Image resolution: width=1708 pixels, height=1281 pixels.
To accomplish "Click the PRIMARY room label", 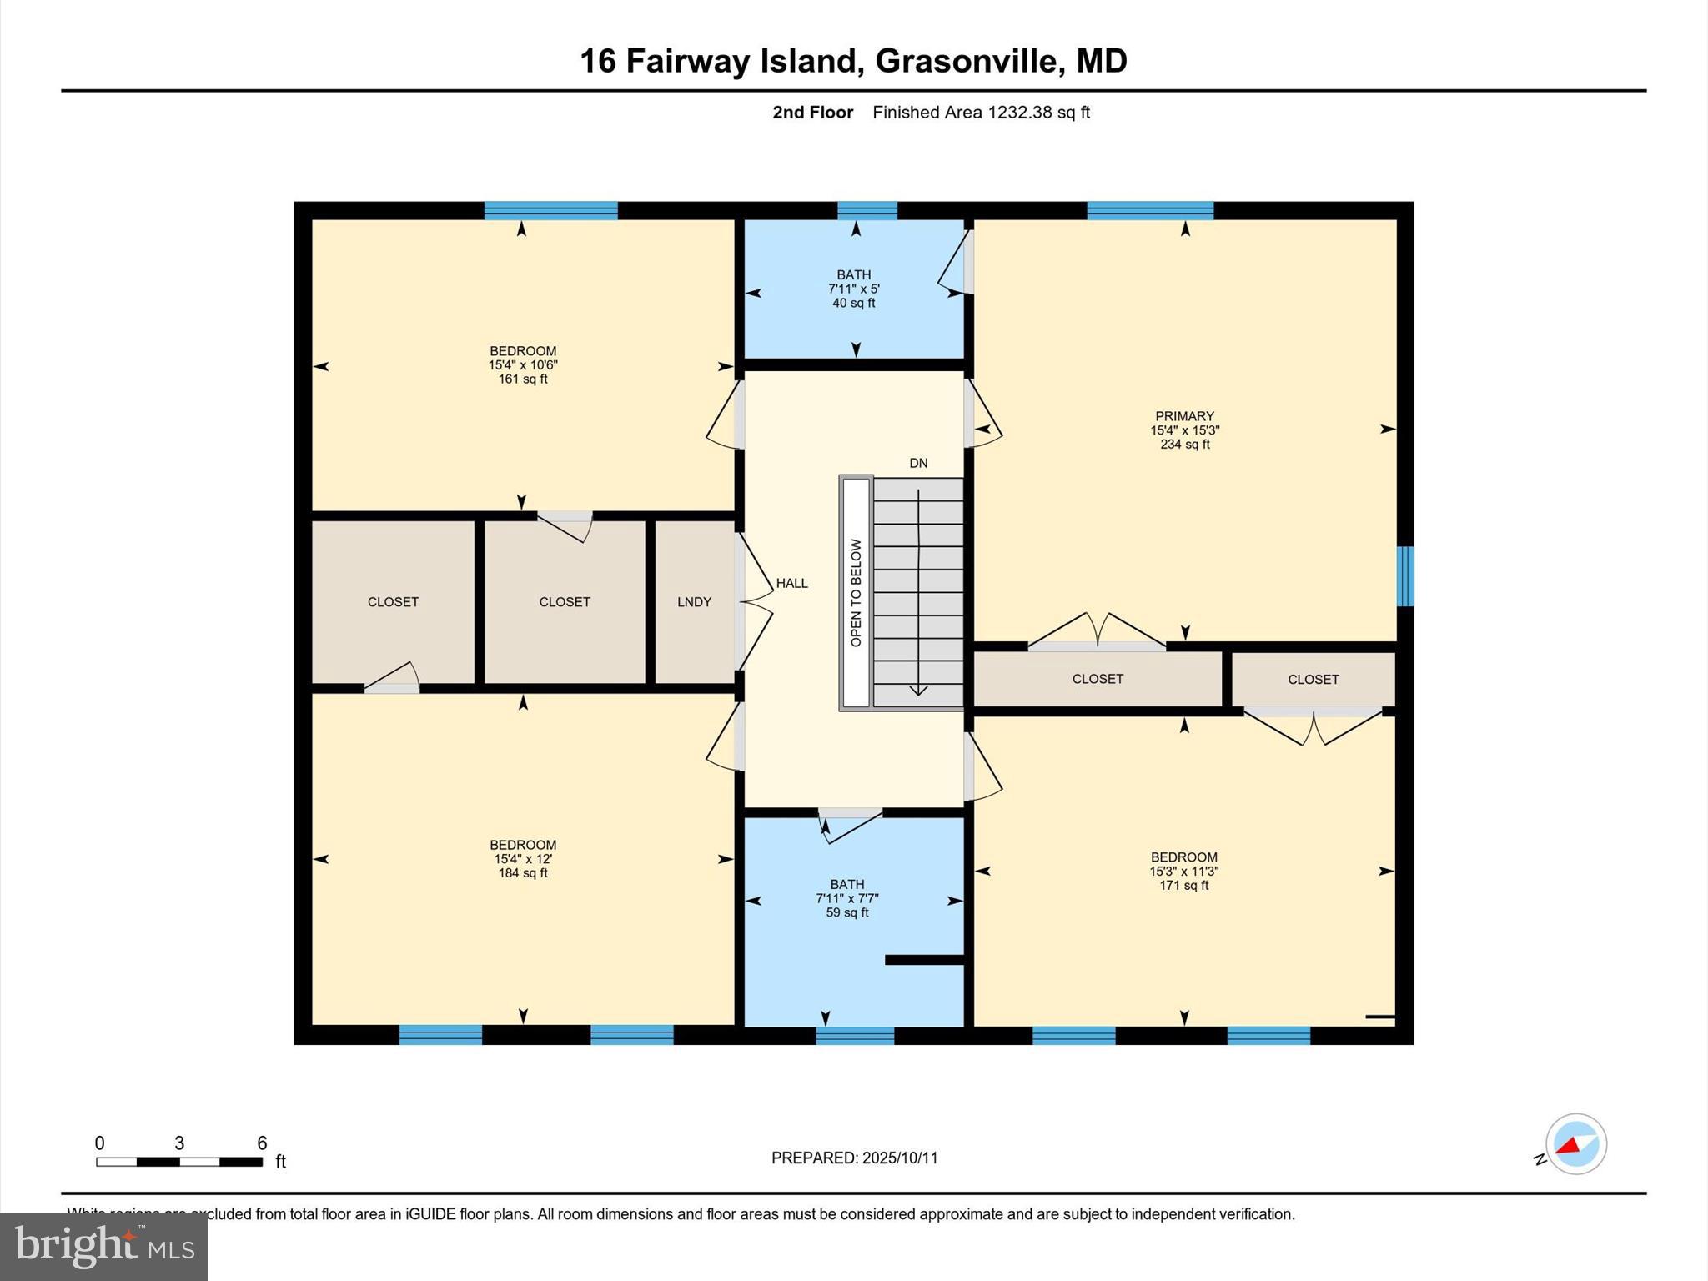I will (1184, 416).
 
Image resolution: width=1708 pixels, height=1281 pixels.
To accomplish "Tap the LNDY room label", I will (694, 601).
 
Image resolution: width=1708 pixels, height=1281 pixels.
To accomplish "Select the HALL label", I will (791, 583).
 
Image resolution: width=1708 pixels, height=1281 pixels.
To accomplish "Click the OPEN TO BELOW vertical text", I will (856, 593).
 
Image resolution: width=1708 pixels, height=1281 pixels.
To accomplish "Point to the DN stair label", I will (918, 463).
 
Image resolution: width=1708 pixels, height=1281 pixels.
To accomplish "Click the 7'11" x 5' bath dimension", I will (854, 289).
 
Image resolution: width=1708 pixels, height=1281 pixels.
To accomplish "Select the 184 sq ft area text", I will (523, 873).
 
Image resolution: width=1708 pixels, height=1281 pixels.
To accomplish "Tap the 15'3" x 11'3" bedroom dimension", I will (1184, 871).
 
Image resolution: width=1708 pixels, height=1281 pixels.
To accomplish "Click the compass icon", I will (1575, 1144).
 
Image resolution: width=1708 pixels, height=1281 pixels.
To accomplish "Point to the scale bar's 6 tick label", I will (262, 1143).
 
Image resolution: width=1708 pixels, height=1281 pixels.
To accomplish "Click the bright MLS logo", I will (104, 1246).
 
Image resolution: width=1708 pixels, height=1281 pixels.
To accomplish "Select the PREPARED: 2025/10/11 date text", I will (854, 1158).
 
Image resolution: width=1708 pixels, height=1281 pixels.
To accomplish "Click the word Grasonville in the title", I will (967, 61).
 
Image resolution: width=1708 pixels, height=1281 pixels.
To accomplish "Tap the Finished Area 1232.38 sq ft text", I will (981, 113).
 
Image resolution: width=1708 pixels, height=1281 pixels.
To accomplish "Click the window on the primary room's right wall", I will (1405, 576).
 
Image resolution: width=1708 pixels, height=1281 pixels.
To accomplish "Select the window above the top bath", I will (867, 210).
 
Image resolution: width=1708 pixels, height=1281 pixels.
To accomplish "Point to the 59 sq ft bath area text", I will (847, 912).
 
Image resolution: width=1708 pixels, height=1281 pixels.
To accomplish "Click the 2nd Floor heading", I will (812, 113).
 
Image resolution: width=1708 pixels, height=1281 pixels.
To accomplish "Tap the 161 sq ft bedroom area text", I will (523, 379).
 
